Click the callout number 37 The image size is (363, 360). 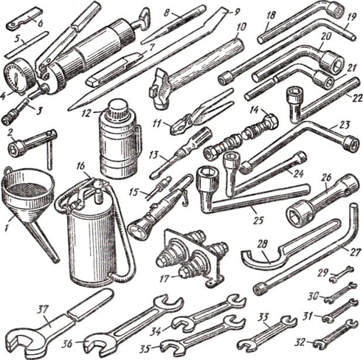42,310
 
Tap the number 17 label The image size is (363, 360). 165,278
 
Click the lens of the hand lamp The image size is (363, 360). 137,230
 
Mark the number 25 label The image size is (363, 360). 258,220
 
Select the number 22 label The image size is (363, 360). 356,98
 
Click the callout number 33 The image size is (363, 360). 263,318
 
